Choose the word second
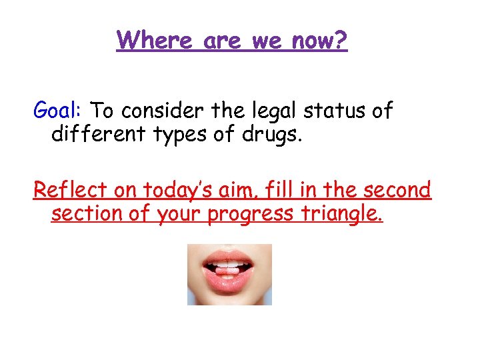coord(399,190)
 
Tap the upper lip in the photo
coord(227,257)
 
